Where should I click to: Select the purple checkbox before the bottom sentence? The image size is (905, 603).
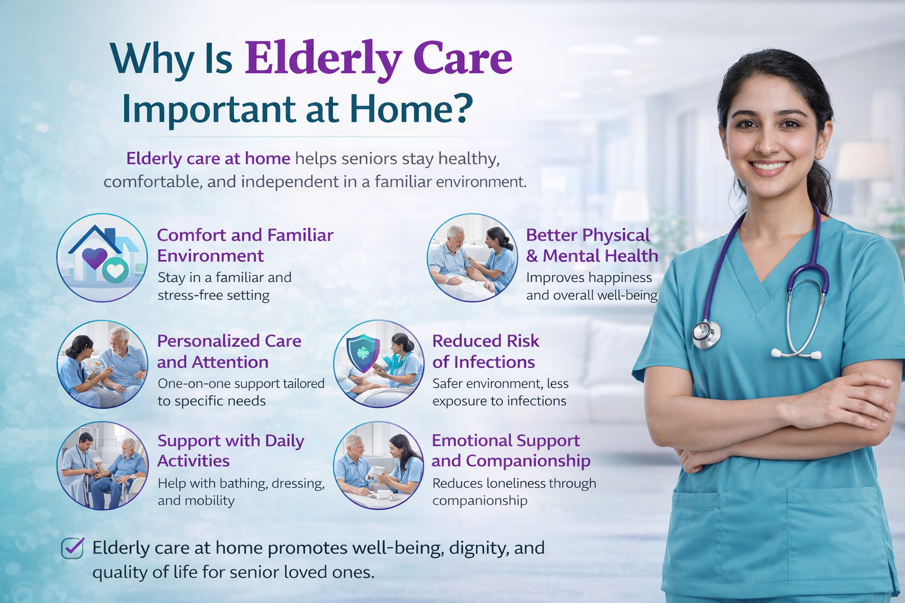click(72, 548)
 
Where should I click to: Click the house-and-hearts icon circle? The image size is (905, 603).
click(102, 258)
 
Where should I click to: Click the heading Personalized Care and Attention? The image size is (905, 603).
click(229, 352)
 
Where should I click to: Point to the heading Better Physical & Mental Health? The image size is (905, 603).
click(592, 245)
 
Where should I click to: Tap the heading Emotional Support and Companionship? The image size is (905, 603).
click(511, 450)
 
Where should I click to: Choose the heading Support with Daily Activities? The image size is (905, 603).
click(231, 450)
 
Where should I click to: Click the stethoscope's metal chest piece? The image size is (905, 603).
click(706, 334)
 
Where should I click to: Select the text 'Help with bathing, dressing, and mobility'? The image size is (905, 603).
click(241, 492)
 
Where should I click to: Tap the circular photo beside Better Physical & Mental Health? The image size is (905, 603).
click(473, 258)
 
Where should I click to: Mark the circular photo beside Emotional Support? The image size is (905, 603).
click(379, 465)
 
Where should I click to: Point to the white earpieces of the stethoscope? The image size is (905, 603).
click(797, 354)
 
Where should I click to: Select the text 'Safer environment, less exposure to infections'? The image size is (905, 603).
click(501, 392)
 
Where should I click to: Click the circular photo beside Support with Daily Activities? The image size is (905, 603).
click(102, 465)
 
